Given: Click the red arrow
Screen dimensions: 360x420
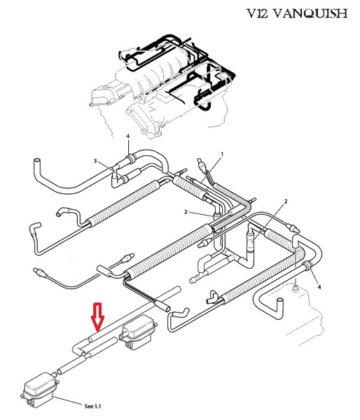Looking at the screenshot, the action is [97, 316].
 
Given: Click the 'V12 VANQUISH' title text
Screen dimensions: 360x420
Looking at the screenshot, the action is [297, 13].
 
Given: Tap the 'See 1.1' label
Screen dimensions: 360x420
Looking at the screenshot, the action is [92, 406].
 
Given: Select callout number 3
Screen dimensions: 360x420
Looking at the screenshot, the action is [95, 161].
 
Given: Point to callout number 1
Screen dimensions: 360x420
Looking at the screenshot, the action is [222, 154].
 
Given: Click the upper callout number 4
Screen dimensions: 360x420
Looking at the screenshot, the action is [128, 136].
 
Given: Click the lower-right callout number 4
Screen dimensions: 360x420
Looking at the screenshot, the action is [319, 287].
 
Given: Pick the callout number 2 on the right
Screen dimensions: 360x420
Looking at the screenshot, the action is [286, 201].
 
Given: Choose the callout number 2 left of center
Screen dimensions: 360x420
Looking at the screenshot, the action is [186, 212].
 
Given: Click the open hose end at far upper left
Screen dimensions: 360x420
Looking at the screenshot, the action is [37, 162].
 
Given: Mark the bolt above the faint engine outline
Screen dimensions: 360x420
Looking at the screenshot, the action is [295, 288].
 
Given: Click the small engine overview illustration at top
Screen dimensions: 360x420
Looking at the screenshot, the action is [162, 85].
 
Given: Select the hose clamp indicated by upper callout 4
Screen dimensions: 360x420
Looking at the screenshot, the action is [130, 158].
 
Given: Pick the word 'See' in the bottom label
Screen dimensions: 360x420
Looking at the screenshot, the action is [89, 406].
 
